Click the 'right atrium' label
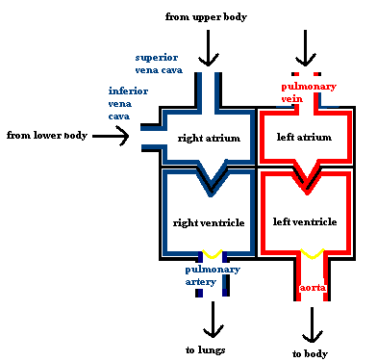tap(209, 137)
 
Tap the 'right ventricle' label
tap(209, 222)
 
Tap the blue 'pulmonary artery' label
tap(210, 275)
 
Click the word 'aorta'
tap(311, 287)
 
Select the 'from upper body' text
tap(208, 16)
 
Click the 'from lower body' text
tap(47, 136)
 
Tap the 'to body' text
tap(311, 352)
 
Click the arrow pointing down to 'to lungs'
tap(209, 318)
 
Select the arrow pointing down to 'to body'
tap(311, 324)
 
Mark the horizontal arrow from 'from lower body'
tap(111, 137)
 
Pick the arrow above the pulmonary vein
tap(306, 46)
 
